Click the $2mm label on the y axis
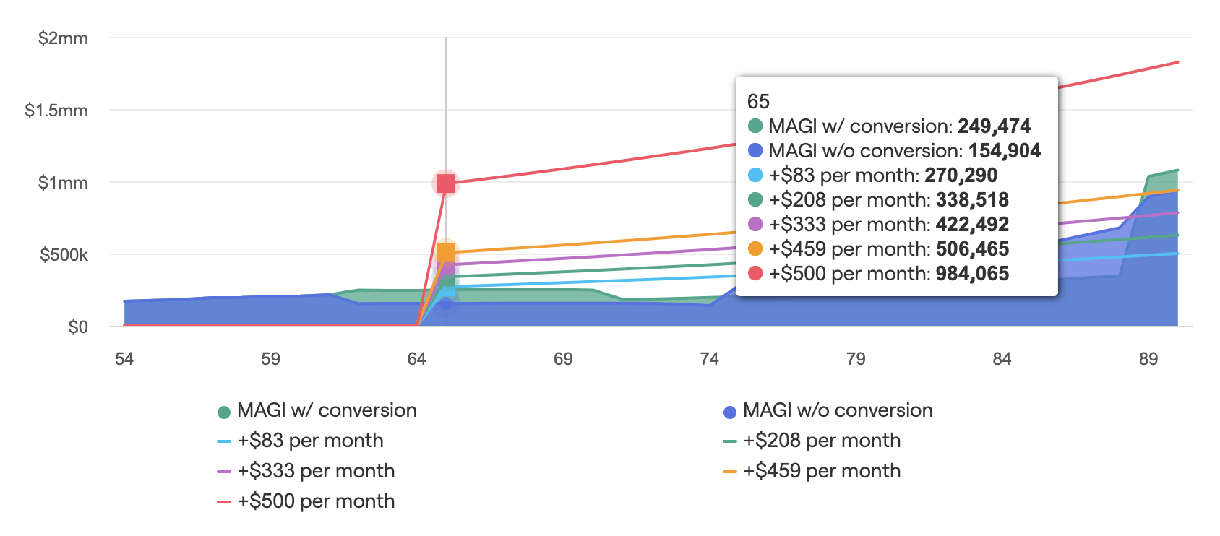coord(63,38)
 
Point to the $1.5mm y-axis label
coord(56,111)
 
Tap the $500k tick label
coord(64,255)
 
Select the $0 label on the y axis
coord(78,327)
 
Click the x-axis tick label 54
coord(124,359)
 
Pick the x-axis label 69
coord(563,359)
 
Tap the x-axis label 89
coord(1148,359)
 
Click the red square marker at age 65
coord(446,183)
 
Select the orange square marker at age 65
coord(446,253)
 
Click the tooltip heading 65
coord(758,101)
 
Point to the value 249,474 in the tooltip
coord(994,126)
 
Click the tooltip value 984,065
coord(972,274)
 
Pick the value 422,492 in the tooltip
coord(972,225)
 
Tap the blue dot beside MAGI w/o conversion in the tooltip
coord(755,151)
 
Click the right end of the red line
coord(1177,63)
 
